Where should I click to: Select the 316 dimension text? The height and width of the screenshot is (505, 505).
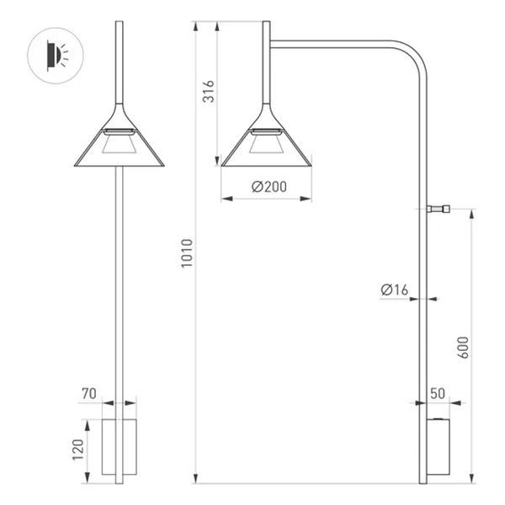(209, 92)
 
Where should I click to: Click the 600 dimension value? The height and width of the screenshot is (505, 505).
(462, 348)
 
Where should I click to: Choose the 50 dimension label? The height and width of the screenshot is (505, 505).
(438, 393)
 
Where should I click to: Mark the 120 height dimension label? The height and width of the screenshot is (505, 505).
(77, 451)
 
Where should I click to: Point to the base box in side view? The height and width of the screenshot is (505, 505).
(439, 446)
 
